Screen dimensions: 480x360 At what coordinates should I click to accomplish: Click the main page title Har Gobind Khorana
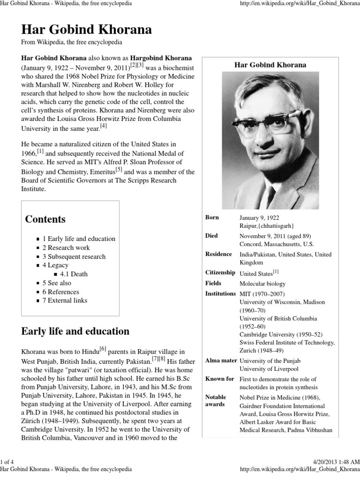click(87, 30)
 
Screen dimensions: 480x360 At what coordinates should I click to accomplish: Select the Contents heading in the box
click(45, 219)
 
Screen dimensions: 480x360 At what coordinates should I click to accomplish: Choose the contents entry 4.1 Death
click(74, 274)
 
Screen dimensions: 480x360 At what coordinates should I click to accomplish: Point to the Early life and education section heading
click(75, 331)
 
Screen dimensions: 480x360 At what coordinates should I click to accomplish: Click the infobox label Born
click(212, 217)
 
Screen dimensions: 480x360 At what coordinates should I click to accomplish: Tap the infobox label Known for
click(219, 379)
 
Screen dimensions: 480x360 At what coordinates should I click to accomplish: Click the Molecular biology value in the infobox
click(262, 284)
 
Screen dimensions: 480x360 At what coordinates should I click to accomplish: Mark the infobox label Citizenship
click(220, 272)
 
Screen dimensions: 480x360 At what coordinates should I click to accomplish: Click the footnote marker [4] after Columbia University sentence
click(104, 126)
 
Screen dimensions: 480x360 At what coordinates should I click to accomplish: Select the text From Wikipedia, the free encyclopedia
click(72, 42)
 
